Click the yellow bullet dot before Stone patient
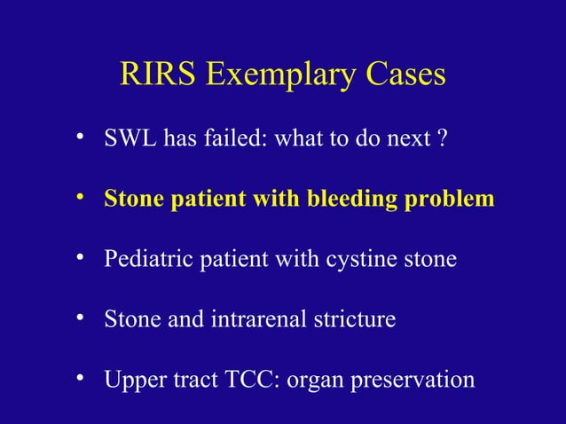pos(79,198)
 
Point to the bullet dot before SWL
pos(79,137)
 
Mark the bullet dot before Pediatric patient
pos(79,258)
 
